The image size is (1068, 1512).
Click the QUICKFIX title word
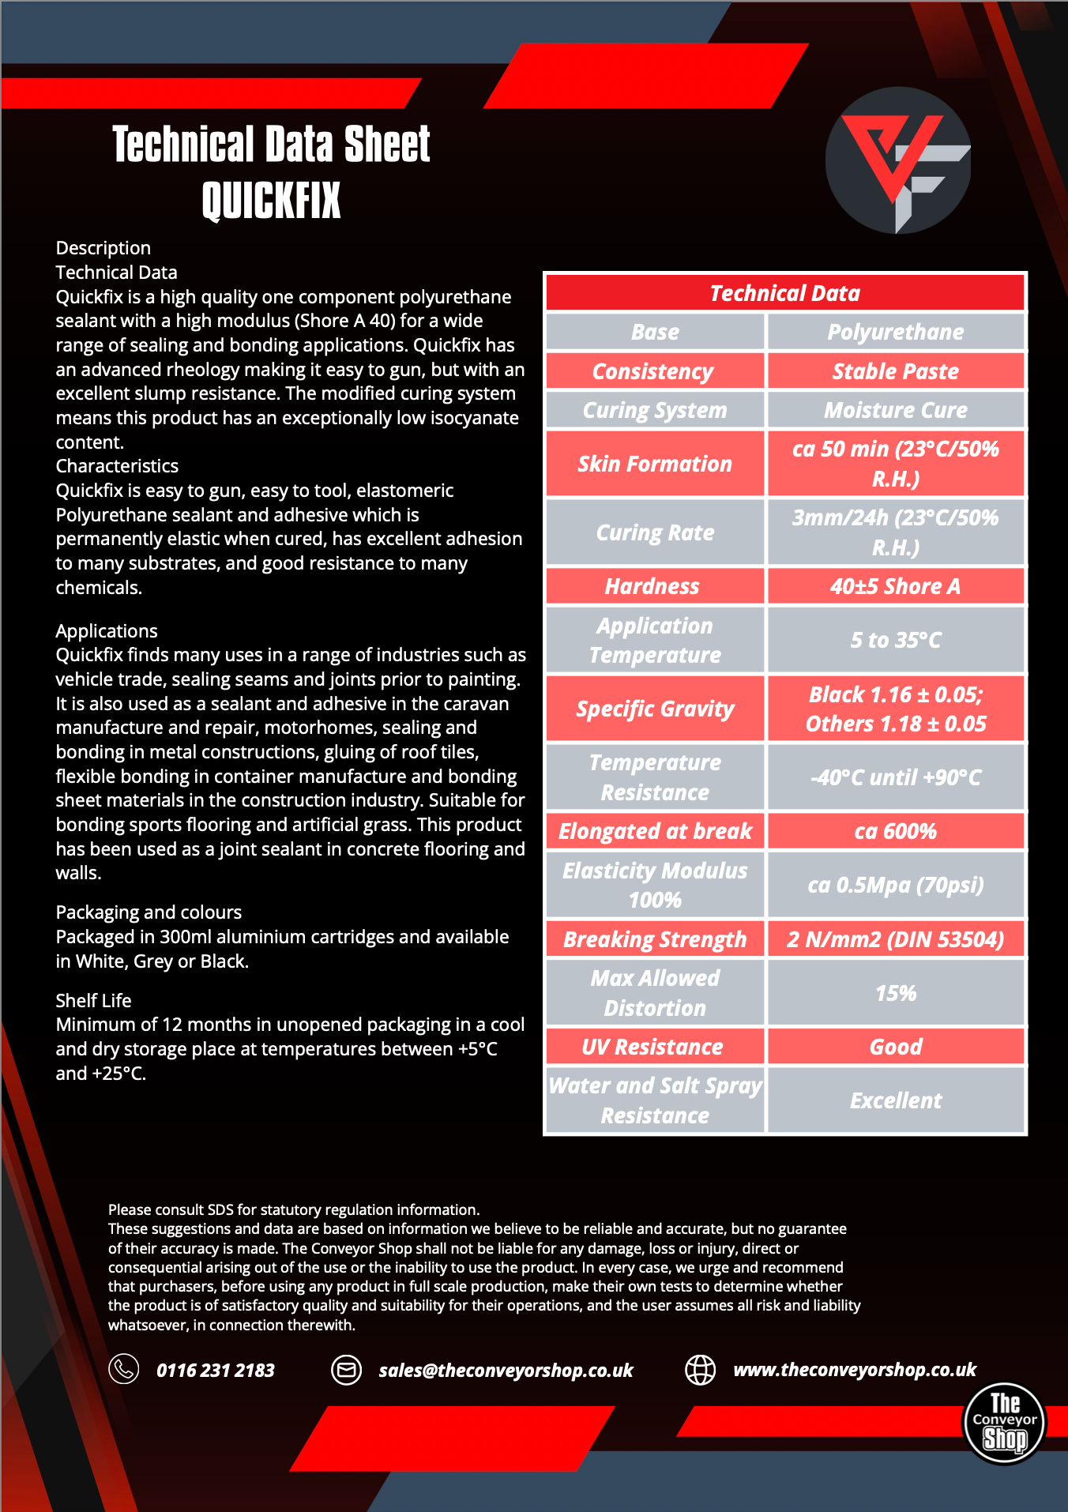tap(271, 200)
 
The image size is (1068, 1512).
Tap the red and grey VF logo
tap(897, 160)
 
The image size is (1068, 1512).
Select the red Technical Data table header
tap(784, 293)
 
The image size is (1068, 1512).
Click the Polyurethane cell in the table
tap(895, 332)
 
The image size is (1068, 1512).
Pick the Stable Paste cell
tap(895, 371)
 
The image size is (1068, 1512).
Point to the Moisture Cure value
tap(895, 410)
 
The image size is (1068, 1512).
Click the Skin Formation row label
tap(655, 464)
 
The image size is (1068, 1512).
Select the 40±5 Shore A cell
tap(895, 586)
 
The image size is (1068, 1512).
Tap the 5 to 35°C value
tap(895, 640)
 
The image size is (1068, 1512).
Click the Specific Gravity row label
tap(655, 709)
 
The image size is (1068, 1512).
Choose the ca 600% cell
tap(895, 831)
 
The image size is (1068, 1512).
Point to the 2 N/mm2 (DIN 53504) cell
tap(895, 939)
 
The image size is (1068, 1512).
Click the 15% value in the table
tap(895, 993)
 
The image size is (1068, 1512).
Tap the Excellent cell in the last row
tap(895, 1100)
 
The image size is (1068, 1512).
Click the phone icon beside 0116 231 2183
tap(124, 1369)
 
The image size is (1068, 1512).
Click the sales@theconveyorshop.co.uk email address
tap(506, 1370)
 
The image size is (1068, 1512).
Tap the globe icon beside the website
tap(700, 1369)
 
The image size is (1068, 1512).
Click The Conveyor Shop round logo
tap(1004, 1423)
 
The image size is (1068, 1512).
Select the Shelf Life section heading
tap(93, 1000)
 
